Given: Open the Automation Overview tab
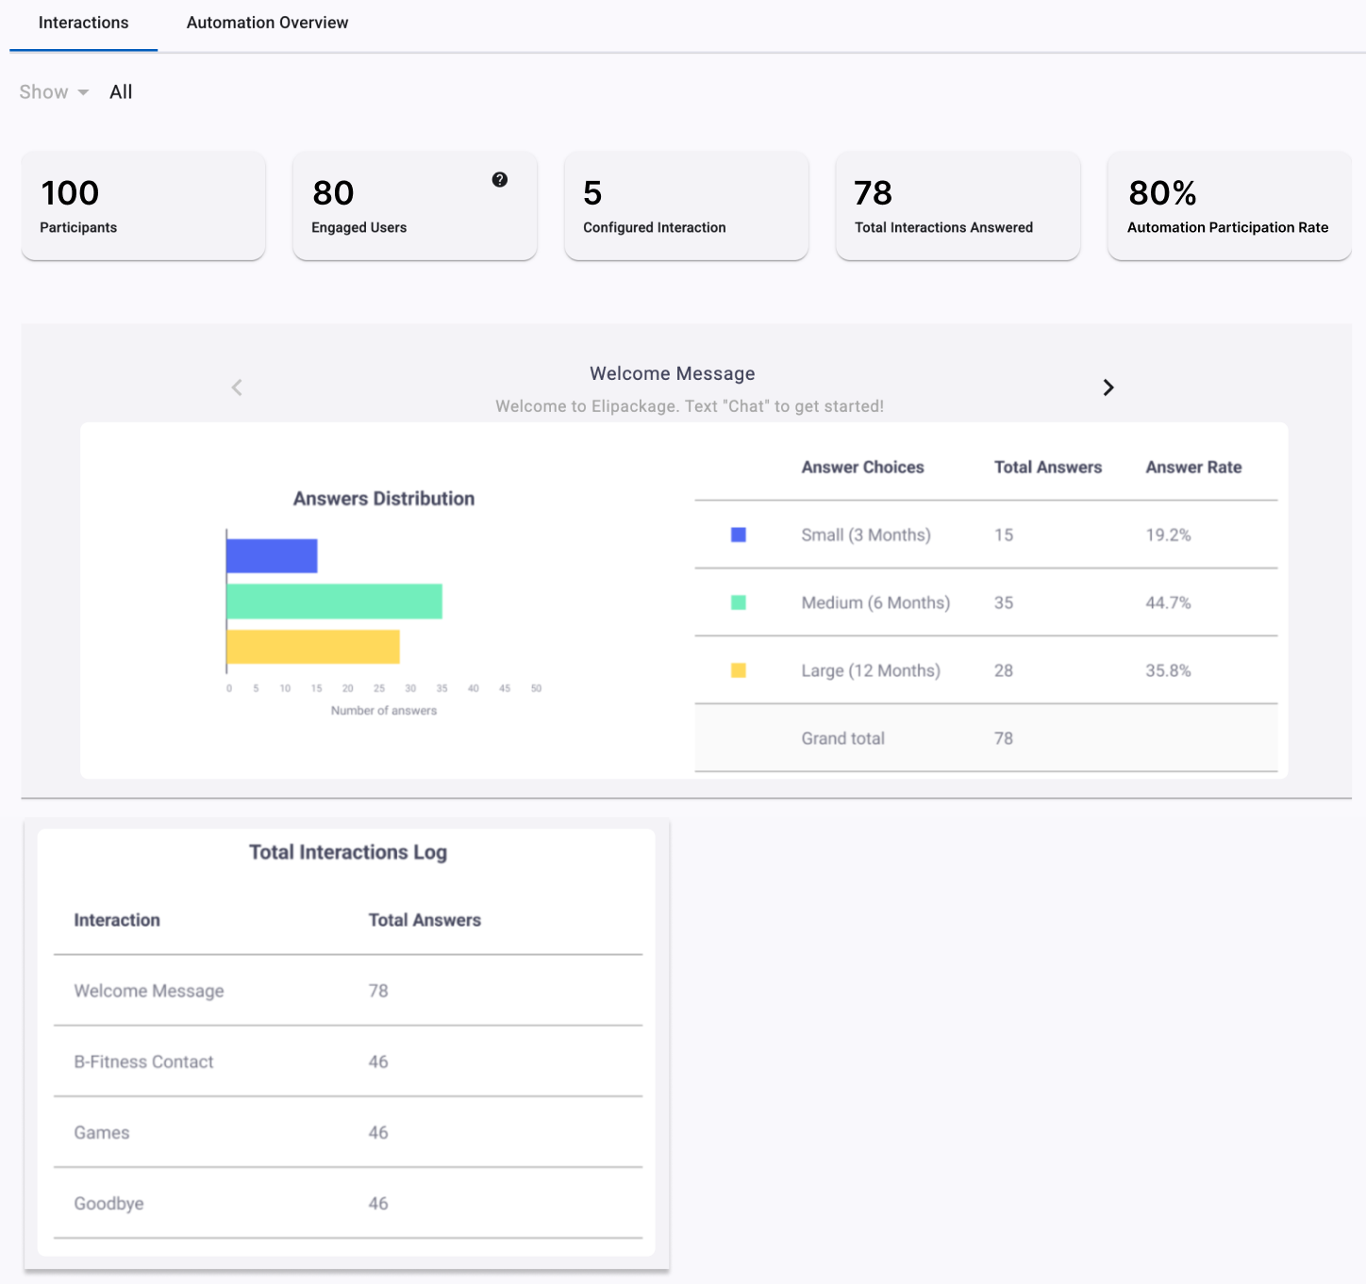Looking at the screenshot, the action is click(267, 23).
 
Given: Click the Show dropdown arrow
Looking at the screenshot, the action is click(83, 92).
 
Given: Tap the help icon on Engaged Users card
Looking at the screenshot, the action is click(499, 179).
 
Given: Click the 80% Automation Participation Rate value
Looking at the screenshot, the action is click(1161, 192).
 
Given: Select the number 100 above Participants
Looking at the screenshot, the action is click(70, 192).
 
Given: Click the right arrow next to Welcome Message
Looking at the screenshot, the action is click(1108, 387).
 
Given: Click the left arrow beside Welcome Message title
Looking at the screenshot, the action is click(237, 387).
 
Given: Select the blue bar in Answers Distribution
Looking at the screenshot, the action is click(272, 555).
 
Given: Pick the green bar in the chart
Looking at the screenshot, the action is click(334, 601).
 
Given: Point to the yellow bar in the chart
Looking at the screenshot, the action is click(313, 647).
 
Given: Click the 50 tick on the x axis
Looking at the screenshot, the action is click(536, 688).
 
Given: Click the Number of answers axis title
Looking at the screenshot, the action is click(384, 711).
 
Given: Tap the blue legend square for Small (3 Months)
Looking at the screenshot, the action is click(738, 535).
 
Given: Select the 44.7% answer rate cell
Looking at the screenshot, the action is click(1168, 602).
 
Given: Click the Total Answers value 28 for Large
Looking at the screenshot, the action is click(1004, 670).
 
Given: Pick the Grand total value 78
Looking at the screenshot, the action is click(1004, 738).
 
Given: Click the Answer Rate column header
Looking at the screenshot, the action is click(1193, 468).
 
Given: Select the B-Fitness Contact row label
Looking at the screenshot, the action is click(143, 1062).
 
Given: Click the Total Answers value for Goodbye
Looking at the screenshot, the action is click(378, 1204).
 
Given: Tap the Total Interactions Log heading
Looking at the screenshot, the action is click(348, 852).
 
